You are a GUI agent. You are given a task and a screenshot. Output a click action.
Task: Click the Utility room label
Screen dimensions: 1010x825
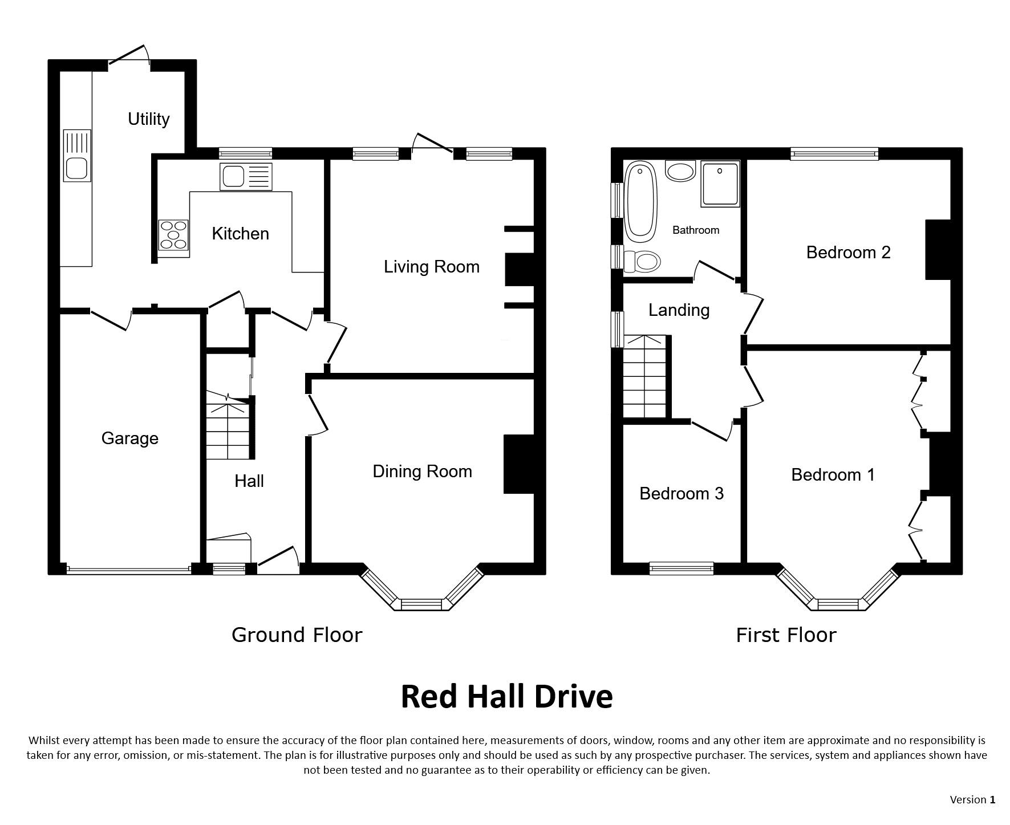tap(148, 119)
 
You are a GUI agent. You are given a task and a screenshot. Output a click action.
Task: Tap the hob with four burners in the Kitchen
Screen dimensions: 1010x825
tap(173, 235)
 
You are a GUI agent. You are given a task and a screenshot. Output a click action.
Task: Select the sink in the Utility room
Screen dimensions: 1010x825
tap(77, 156)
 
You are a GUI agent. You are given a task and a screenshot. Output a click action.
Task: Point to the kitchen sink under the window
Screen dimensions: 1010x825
tap(246, 177)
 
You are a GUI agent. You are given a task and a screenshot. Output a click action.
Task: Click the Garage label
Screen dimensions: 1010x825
tap(129, 438)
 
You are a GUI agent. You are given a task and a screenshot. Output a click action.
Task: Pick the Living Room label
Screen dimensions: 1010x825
tap(431, 267)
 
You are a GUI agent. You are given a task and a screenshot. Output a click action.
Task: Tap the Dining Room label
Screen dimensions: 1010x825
tap(422, 472)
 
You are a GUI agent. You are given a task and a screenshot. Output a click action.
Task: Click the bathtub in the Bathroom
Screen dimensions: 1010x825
tap(641, 201)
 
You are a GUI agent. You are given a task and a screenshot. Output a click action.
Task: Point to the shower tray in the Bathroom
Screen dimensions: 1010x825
tap(720, 184)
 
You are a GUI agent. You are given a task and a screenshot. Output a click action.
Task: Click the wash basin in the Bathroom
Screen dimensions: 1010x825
tap(680, 171)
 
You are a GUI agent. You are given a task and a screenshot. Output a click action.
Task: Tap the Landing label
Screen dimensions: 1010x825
tap(679, 310)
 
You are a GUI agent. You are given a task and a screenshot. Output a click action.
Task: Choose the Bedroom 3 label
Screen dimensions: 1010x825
tap(681, 493)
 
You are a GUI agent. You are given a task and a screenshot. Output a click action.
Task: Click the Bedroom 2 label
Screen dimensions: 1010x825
tap(848, 253)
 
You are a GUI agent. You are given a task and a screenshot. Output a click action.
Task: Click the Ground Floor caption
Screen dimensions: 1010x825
tap(297, 635)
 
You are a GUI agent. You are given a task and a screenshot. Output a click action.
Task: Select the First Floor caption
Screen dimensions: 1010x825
tap(786, 635)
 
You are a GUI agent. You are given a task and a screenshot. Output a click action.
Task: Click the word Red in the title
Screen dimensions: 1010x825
tap(431, 696)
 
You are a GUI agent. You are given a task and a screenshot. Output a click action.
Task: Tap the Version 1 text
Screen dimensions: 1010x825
tap(972, 800)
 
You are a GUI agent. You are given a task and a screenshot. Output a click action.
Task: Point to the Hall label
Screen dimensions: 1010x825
tap(249, 481)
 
